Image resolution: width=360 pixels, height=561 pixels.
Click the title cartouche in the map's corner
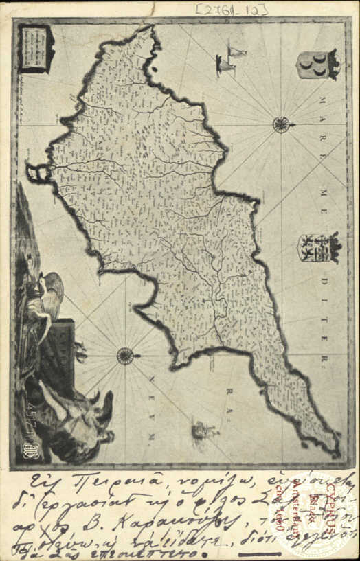click(x=36, y=48)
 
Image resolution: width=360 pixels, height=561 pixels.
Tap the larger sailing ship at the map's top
click(x=224, y=65)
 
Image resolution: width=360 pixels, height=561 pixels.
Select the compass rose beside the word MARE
click(x=280, y=124)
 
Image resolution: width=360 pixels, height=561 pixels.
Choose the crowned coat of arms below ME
click(x=318, y=248)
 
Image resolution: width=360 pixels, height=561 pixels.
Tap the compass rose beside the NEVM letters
click(x=125, y=356)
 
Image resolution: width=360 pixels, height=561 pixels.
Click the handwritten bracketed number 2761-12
click(x=231, y=9)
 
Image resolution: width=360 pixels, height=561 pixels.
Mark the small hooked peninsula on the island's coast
click(x=38, y=172)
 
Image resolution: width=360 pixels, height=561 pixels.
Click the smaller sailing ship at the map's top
click(x=237, y=53)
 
